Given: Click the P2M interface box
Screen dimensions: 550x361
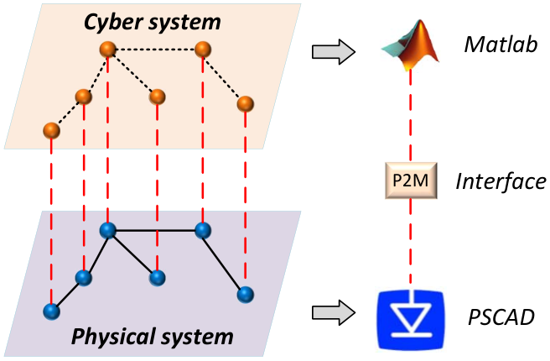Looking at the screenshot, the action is (411, 180).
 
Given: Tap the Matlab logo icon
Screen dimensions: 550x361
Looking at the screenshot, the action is (411, 45).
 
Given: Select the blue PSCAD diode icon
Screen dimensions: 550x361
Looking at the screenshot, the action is (411, 320).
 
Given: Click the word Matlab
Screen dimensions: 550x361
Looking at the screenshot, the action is (501, 44).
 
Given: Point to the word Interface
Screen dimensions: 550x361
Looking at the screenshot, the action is (501, 181).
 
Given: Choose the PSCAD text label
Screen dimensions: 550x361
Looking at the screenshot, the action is (501, 317).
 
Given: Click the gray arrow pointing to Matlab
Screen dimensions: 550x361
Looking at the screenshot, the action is (334, 52).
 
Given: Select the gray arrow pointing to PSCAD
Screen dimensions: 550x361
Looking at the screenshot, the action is (334, 312).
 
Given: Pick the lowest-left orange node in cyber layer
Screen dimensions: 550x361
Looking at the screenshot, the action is (52, 131).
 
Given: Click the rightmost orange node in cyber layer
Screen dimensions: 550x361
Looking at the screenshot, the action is (245, 103).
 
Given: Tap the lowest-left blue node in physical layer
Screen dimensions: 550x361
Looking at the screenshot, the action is (52, 311).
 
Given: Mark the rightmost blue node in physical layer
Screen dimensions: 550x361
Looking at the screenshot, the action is (245, 295).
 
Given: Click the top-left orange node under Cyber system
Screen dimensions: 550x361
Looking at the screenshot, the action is (107, 50).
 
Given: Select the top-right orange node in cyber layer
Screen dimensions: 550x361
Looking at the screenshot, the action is (203, 50).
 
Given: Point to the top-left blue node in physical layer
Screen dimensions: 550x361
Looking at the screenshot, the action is (107, 230).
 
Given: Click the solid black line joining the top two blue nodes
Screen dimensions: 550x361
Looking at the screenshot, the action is (155, 230).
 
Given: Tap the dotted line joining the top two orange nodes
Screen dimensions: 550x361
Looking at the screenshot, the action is (155, 50).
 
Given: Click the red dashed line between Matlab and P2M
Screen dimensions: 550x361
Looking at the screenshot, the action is (410, 116).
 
